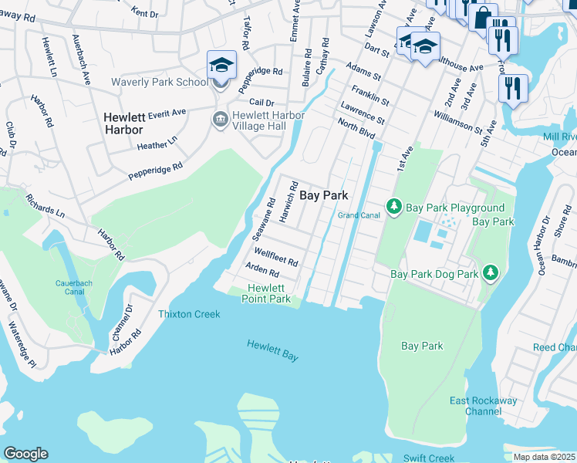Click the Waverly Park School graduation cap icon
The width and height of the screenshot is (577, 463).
point(221,65)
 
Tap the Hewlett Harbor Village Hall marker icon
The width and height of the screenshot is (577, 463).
point(219,119)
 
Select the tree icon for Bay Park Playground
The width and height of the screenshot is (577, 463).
point(394,207)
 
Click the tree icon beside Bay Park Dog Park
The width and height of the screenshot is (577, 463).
point(490,272)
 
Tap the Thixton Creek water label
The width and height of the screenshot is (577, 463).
point(189,314)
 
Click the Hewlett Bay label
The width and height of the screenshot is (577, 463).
point(272,350)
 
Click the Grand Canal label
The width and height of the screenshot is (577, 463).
point(359,215)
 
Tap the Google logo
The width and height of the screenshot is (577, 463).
point(25,454)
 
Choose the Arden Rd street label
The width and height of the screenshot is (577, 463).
point(262,270)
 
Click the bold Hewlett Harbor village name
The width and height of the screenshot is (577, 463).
point(124,123)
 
